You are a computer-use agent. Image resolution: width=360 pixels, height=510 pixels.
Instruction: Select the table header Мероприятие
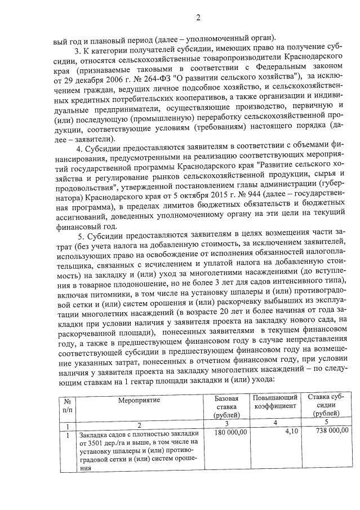[x=139, y=400]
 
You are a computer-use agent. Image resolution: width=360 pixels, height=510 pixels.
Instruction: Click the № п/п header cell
[x=67, y=405]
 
